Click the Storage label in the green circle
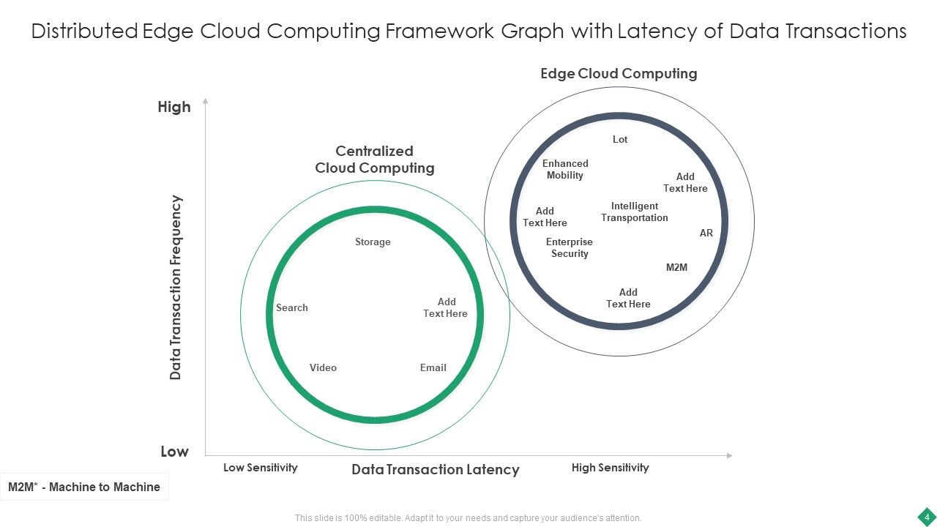pos(373,242)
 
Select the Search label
pos(291,307)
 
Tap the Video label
pos(323,367)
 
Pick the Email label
pos(433,367)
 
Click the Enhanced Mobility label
pos(565,169)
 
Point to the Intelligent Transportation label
pos(635,212)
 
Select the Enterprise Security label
pos(570,247)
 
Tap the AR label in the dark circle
pos(706,233)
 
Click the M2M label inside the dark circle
pos(676,267)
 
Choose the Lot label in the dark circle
pos(620,139)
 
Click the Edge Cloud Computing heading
pos(619,73)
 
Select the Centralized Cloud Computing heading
pos(375,160)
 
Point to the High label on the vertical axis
pos(174,107)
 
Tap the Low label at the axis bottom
pos(174,452)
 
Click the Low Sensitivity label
pos(260,468)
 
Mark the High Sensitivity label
pos(610,468)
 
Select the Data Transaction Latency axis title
pos(436,470)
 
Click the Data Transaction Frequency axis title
pos(176,287)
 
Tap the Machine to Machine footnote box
pos(84,487)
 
